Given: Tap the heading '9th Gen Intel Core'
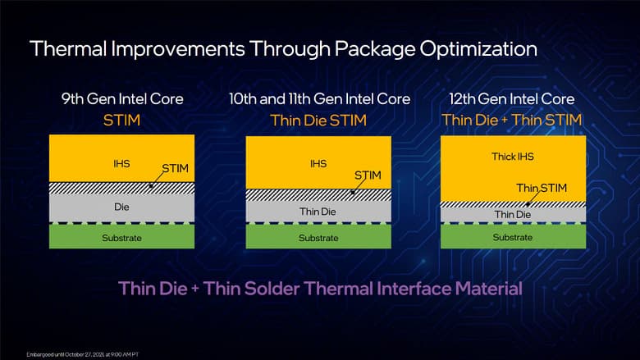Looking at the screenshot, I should coord(121,99).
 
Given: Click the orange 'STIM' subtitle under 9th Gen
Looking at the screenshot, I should coord(121,120).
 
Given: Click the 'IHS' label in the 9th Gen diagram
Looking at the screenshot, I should coord(121,164).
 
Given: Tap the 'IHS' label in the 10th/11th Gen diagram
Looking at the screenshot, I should coord(318,164).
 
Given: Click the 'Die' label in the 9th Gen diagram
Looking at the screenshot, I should coord(121,207).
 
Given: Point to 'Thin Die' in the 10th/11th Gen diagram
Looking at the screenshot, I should coord(318,212).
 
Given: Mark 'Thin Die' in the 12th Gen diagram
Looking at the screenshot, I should coord(513,214).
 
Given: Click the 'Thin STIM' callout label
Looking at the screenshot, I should coord(538,188).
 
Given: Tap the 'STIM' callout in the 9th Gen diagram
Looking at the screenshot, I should coord(175,169).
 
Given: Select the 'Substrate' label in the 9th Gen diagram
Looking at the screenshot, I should coord(121,238).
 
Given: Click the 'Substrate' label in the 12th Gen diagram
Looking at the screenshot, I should coord(513,237).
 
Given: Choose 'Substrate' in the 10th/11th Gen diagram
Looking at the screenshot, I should coord(318,238).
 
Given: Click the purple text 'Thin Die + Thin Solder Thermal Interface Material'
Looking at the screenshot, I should coord(320,289).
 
